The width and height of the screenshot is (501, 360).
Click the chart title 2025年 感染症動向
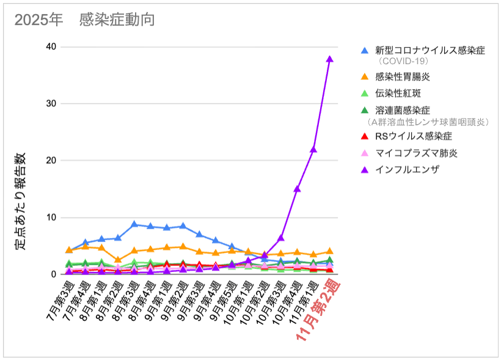click(x=84, y=20)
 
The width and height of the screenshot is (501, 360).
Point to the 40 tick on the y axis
click(x=51, y=47)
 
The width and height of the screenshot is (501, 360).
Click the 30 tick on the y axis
click(x=51, y=104)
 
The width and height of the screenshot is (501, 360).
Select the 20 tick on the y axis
click(x=51, y=161)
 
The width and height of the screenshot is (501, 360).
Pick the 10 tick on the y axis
click(x=51, y=218)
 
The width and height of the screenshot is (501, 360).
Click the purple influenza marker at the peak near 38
click(x=329, y=59)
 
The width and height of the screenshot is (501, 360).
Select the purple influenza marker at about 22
click(x=313, y=149)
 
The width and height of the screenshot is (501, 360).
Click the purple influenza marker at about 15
click(x=297, y=189)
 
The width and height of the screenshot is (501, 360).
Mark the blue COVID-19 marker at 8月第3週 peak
click(x=134, y=224)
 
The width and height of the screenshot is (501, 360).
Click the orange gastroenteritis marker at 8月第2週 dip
click(x=118, y=260)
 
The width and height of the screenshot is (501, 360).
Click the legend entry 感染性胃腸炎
click(x=402, y=77)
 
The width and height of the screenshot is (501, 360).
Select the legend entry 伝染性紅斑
click(x=398, y=94)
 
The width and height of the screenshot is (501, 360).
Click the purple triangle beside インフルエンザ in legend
click(x=365, y=169)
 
